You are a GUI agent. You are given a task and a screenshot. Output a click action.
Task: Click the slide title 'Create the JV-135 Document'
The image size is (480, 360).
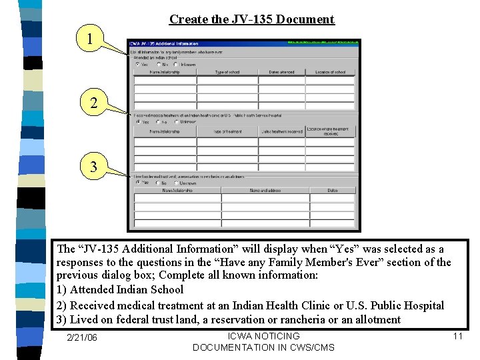click(x=251, y=19)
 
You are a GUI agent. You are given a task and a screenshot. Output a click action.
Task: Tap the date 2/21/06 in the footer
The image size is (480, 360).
click(x=83, y=337)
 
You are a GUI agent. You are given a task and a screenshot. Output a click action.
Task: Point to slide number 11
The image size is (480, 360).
click(x=457, y=336)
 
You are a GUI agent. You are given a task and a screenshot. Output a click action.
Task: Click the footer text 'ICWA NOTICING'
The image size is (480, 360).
click(x=263, y=336)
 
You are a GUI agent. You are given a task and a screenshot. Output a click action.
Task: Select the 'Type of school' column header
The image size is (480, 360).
click(x=227, y=72)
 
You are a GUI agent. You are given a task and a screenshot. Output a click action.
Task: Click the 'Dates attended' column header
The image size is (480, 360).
click(x=281, y=72)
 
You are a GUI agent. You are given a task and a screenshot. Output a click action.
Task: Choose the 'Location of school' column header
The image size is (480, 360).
click(x=331, y=72)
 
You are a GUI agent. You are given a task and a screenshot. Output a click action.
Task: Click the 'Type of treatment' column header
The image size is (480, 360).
click(x=227, y=131)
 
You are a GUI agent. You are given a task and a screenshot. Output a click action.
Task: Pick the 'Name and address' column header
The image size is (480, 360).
click(x=265, y=191)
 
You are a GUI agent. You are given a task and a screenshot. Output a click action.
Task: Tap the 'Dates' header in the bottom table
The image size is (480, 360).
click(x=332, y=191)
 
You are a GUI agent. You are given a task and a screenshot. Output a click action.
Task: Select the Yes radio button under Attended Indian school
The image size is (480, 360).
click(x=138, y=65)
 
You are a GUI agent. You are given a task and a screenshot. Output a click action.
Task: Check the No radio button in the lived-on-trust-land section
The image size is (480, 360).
click(x=158, y=183)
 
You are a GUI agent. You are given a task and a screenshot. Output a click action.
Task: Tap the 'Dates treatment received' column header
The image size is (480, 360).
click(x=281, y=131)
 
